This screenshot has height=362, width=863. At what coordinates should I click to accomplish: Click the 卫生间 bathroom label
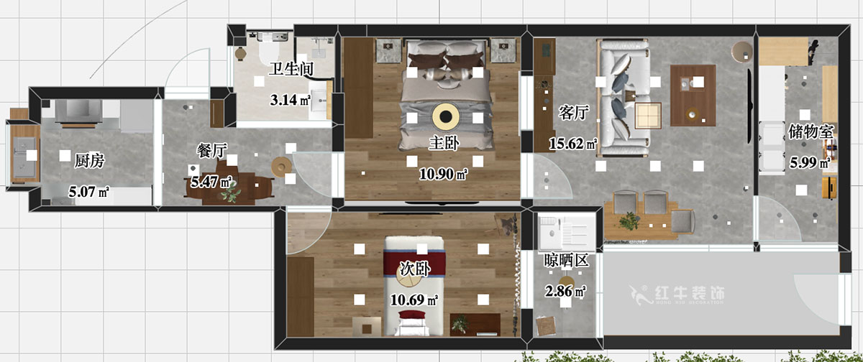click(291, 69)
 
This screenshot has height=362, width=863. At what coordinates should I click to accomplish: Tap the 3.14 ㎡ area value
click(291, 100)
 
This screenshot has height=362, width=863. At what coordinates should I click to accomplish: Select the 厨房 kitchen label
click(89, 161)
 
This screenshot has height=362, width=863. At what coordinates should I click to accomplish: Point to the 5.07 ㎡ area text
click(88, 192)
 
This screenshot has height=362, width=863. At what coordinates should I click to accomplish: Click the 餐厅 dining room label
click(212, 150)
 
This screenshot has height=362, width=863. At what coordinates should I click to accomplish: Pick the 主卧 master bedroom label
click(444, 143)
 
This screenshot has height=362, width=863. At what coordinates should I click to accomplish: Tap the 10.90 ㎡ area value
click(443, 174)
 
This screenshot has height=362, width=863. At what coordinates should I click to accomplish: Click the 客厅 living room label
click(574, 113)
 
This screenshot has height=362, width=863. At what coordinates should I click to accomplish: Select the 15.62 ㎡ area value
click(573, 144)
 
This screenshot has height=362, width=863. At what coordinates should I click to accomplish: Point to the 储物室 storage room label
click(811, 131)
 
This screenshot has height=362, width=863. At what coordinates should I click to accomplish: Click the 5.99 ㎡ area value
click(810, 162)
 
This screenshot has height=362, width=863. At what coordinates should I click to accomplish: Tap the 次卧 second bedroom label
click(415, 269)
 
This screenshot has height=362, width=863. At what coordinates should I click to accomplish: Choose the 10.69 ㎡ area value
click(414, 300)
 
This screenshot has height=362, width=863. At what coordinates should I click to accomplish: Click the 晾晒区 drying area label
click(567, 261)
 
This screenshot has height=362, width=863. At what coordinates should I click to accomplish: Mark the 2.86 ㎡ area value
click(565, 291)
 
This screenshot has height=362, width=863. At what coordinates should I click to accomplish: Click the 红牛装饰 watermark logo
click(677, 295)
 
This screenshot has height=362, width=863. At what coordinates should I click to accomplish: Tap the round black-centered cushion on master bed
click(446, 116)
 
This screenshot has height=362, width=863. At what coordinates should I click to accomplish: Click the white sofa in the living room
click(624, 98)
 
